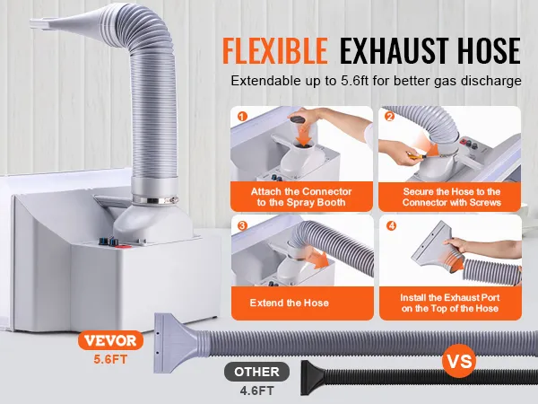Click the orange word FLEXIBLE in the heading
(x=275, y=50)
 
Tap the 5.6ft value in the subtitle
(x=355, y=81)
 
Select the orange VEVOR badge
(x=110, y=340)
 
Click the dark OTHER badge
(x=256, y=372)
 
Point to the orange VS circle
(x=459, y=361)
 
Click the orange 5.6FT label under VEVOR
(x=110, y=359)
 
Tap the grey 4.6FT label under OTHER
(x=256, y=391)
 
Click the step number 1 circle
(x=242, y=117)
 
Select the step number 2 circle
(x=389, y=117)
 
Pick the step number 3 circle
(x=242, y=225)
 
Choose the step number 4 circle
(x=391, y=225)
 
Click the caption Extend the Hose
(x=290, y=303)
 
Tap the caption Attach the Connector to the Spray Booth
(x=301, y=197)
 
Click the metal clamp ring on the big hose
(x=155, y=199)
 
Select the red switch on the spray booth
(x=121, y=246)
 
